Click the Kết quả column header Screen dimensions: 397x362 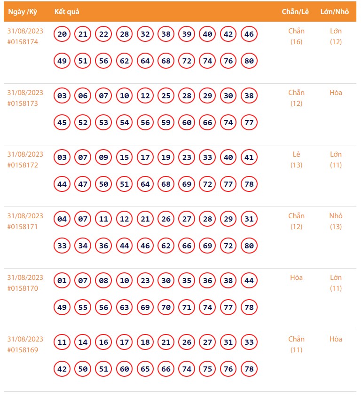pyautogui.click(x=67, y=11)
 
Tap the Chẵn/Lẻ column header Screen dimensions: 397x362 pyautogui.click(x=295, y=11)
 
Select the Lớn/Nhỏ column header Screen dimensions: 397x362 pyautogui.click(x=334, y=11)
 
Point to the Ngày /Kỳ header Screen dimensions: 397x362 pyautogui.click(x=23, y=11)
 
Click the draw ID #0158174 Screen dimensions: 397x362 pyautogui.click(x=23, y=42)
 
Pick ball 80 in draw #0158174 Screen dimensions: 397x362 pyautogui.click(x=249, y=61)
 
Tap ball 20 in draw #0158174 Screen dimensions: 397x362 pyautogui.click(x=62, y=34)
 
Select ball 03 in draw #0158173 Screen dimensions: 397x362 pyautogui.click(x=62, y=95)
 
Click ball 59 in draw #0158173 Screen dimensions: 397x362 pyautogui.click(x=166, y=122)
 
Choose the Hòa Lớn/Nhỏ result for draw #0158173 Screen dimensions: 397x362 pyautogui.click(x=336, y=93)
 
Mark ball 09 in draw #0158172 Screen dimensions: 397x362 pyautogui.click(x=103, y=157)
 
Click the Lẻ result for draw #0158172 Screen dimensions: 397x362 pyautogui.click(x=296, y=154)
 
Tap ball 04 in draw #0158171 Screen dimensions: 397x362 pyautogui.click(x=62, y=219)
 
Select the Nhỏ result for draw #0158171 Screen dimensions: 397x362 pyautogui.click(x=336, y=216)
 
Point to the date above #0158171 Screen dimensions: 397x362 pyautogui.click(x=25, y=216)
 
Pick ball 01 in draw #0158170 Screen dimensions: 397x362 pyautogui.click(x=62, y=280)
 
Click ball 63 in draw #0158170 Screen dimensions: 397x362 pyautogui.click(x=125, y=307)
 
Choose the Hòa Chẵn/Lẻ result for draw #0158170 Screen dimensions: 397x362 pyautogui.click(x=296, y=278)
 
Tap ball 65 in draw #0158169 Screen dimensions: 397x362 pyautogui.click(x=145, y=369)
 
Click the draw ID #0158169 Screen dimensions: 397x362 pyautogui.click(x=23, y=350)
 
